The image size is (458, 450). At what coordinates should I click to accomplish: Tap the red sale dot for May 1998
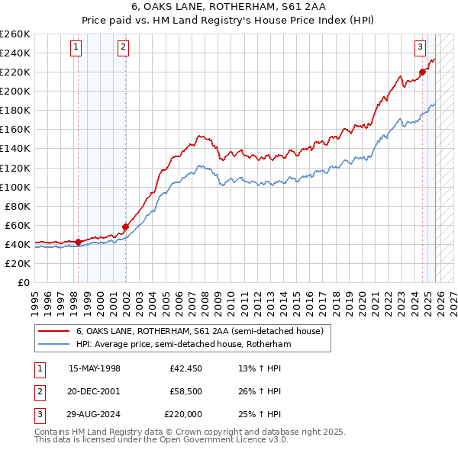(78, 242)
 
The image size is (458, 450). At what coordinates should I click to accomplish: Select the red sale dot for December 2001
(125, 226)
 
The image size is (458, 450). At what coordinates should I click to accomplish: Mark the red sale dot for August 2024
(422, 72)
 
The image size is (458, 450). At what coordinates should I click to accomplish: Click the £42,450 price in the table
(185, 368)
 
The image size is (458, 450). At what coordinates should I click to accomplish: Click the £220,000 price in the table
(183, 414)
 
